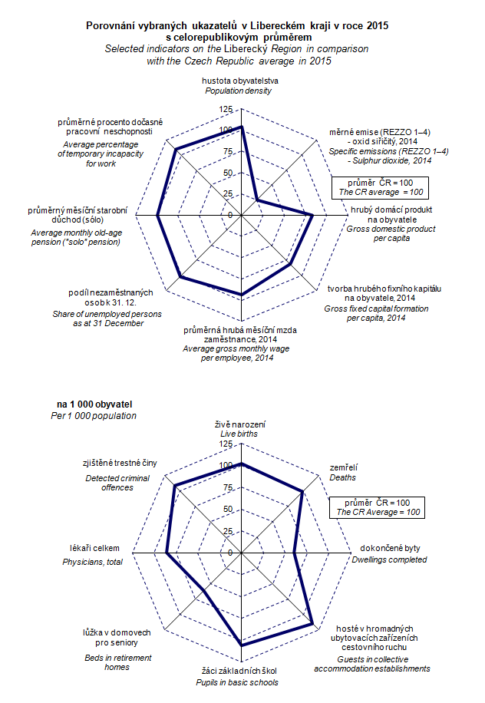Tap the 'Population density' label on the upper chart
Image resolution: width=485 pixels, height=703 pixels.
[x=240, y=91]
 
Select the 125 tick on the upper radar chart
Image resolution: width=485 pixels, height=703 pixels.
[x=225, y=110]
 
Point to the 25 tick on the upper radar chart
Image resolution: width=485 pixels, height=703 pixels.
[x=227, y=194]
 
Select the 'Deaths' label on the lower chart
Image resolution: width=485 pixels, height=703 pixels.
[x=342, y=477]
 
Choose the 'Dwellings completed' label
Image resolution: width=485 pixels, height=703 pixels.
[x=391, y=559]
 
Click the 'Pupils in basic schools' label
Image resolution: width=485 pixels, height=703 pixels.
[x=240, y=682]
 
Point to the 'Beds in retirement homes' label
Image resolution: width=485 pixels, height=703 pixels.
[x=117, y=662]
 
